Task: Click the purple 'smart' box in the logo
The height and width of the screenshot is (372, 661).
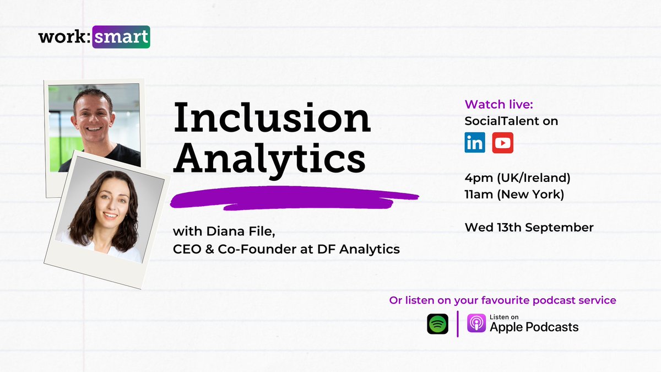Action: [121, 37]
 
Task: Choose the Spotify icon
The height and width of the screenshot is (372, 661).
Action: [437, 324]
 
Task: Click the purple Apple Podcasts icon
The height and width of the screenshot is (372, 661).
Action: [476, 324]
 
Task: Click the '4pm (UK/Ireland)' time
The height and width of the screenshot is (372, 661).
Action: [517, 178]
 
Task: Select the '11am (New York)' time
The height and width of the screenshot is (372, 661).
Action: [514, 195]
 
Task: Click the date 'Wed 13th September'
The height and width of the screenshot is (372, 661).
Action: [529, 227]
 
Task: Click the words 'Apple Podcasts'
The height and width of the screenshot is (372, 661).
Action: [534, 327]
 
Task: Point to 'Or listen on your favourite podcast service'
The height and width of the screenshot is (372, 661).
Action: [502, 300]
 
